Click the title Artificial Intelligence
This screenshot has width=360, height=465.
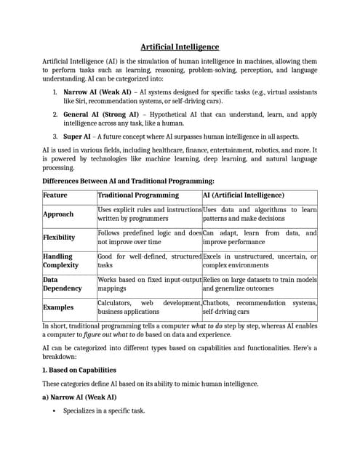click(x=180, y=46)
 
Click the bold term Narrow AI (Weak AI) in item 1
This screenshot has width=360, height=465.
click(x=97, y=92)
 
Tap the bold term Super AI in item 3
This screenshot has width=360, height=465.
click(x=77, y=136)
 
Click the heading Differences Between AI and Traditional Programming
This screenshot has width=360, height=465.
click(x=128, y=180)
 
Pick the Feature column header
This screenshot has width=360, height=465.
click(x=55, y=195)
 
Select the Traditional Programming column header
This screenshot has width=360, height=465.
click(x=138, y=195)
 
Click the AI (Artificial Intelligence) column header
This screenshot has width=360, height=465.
click(x=244, y=195)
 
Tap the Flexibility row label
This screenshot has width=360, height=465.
click(x=60, y=237)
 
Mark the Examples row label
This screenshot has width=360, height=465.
click(x=60, y=307)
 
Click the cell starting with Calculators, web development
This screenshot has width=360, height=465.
click(x=149, y=307)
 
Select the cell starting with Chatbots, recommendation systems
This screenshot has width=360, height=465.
click(x=260, y=307)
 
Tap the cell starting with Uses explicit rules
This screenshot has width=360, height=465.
click(x=149, y=214)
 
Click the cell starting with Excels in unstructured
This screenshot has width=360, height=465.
click(x=260, y=261)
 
